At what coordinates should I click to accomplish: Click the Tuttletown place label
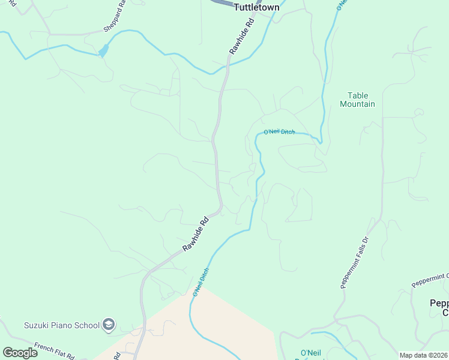tap(256, 7)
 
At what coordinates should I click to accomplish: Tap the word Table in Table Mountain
tap(358, 95)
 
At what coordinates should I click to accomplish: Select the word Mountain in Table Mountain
tap(357, 104)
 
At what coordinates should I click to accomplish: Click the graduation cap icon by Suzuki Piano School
tap(109, 325)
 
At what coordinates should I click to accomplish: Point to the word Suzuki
tap(37, 326)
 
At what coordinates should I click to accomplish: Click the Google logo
tap(20, 353)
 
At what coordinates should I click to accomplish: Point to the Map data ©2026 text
tap(423, 355)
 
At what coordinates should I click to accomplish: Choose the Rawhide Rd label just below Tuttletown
tap(242, 37)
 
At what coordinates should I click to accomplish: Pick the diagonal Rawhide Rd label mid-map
tap(196, 234)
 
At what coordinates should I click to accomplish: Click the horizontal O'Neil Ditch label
tap(279, 132)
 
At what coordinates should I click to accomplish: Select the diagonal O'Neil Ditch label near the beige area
tap(200, 283)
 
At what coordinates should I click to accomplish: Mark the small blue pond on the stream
tap(103, 51)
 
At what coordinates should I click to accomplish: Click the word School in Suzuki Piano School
tap(88, 326)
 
